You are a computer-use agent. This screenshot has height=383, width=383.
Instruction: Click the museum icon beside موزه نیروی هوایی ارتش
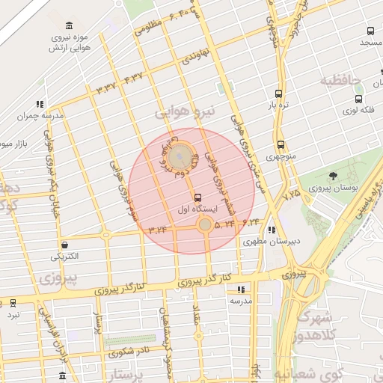point(70,25)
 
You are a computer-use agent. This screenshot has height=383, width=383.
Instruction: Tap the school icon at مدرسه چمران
point(40,105)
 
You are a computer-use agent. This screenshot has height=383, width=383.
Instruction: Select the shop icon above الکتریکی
point(65,244)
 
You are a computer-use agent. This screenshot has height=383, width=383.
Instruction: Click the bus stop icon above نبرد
point(13,303)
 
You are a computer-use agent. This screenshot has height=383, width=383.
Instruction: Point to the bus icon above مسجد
point(370,31)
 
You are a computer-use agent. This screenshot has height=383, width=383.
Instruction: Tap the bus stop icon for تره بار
point(278,94)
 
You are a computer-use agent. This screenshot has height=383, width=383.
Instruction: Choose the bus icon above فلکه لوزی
point(358,98)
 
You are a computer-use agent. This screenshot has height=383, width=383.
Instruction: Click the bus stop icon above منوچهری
point(281,145)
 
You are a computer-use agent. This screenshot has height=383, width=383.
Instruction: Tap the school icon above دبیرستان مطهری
point(271,230)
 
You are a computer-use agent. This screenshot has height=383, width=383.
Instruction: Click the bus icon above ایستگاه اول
point(198,198)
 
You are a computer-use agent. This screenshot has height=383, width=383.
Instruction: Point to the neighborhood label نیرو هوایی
point(184,112)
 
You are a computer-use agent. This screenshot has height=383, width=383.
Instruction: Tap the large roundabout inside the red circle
point(180,158)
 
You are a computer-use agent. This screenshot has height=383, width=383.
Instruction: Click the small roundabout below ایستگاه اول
point(204,224)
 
